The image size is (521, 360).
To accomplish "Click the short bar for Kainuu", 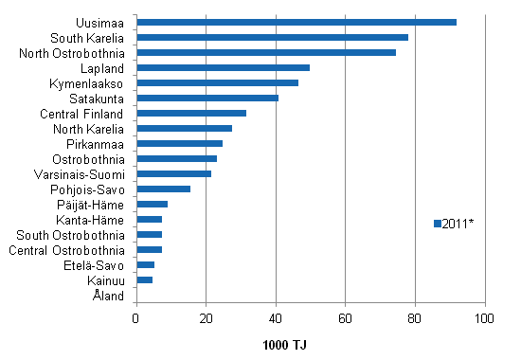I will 145,279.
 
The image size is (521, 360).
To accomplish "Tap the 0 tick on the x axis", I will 136,317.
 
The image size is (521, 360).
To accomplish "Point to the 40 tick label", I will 276,317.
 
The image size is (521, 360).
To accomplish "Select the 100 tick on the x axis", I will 485,317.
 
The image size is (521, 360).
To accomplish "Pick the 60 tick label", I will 346,317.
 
